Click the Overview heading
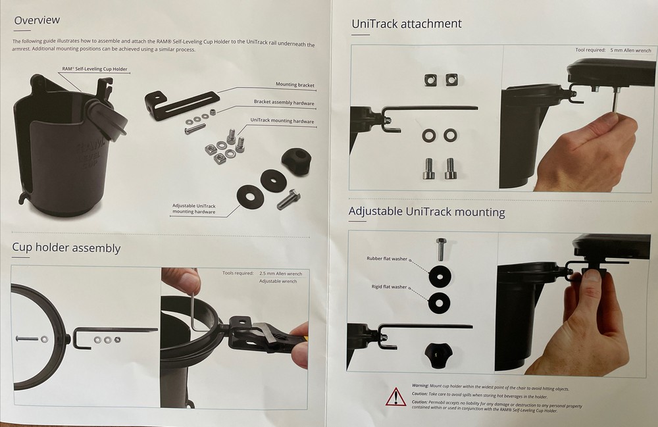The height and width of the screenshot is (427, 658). (x=37, y=20)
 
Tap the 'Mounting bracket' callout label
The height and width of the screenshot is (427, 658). (x=295, y=84)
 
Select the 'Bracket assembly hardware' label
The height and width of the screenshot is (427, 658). (x=284, y=102)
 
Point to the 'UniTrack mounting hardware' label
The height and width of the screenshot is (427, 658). (x=282, y=120)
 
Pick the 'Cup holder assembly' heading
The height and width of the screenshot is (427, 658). (x=66, y=247)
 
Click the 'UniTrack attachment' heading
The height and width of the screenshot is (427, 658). (x=407, y=24)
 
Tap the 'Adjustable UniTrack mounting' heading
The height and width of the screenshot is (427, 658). (x=427, y=211)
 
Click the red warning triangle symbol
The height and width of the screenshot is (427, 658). (x=395, y=397)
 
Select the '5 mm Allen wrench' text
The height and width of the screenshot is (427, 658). (x=631, y=51)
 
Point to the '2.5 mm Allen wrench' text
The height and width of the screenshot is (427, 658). (x=281, y=274)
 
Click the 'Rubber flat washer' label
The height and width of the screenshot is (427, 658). (x=387, y=259)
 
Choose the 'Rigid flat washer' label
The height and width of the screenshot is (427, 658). (x=389, y=287)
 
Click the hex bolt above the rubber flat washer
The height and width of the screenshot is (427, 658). (x=440, y=249)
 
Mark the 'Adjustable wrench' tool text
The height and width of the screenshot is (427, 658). (x=278, y=281)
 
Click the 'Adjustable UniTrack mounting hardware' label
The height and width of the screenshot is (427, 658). (x=194, y=209)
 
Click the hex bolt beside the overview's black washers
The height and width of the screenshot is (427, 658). (x=288, y=199)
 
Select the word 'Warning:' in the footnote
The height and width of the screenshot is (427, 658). (x=420, y=386)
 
